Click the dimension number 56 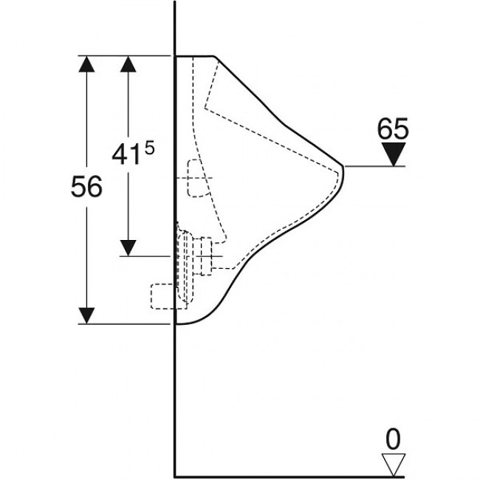pyautogui.click(x=86, y=186)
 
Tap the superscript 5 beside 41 pyautogui.click(x=150, y=149)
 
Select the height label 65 pyautogui.click(x=393, y=128)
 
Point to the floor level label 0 pyautogui.click(x=393, y=439)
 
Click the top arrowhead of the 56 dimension pyautogui.click(x=86, y=64)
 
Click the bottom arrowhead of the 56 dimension pyautogui.click(x=86, y=315)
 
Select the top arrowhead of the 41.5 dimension pyautogui.click(x=128, y=64)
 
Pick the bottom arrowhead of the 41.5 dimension pyautogui.click(x=128, y=248)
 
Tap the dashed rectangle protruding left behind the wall pyautogui.click(x=162, y=296)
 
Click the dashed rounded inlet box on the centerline pyautogui.click(x=198, y=178)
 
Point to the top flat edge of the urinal pyautogui.click(x=194, y=56)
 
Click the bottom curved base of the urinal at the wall pyautogui.click(x=190, y=321)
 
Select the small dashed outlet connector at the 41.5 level pyautogui.click(x=206, y=256)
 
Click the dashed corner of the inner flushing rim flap pyautogui.click(x=205, y=108)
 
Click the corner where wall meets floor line pyautogui.click(x=174, y=476)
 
